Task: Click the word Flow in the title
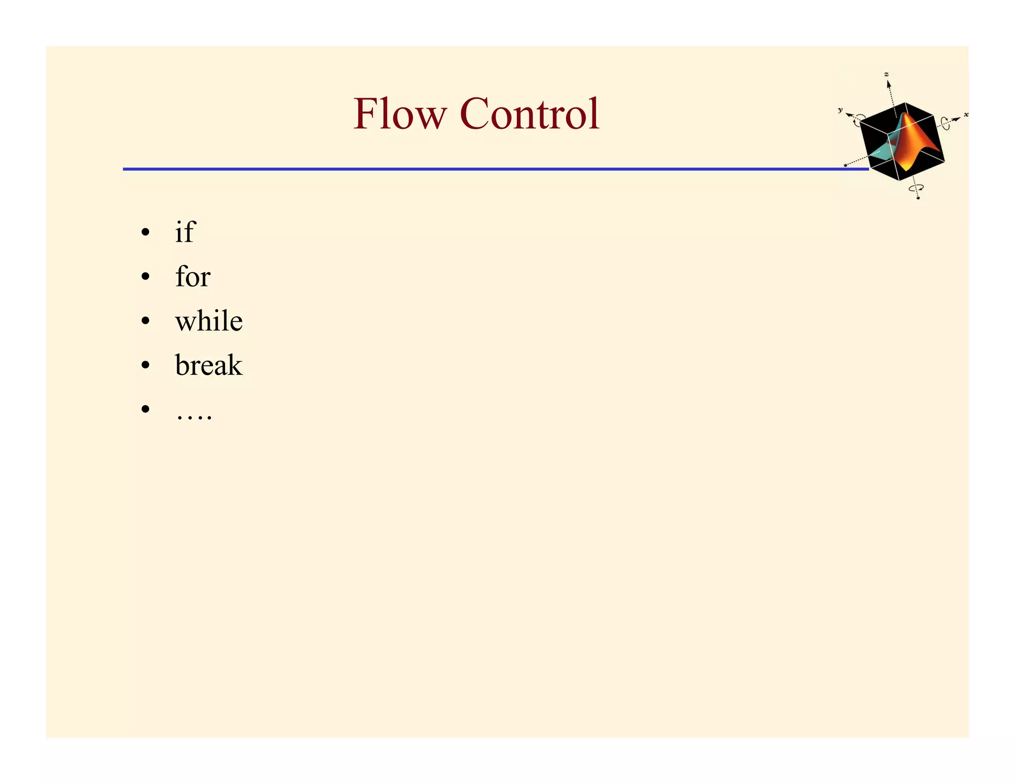(399, 114)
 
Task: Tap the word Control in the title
(530, 114)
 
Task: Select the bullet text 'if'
(185, 231)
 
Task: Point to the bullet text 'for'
(193, 276)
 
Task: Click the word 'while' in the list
(209, 321)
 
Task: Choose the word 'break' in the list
(209, 365)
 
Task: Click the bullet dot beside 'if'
(145, 232)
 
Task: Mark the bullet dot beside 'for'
(145, 277)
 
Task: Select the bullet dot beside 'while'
(145, 321)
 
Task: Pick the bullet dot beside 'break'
(145, 365)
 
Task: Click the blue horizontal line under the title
(496, 169)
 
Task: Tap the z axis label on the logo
(886, 74)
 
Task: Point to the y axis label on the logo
(840, 110)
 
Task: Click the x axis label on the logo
(966, 114)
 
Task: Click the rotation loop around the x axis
(946, 122)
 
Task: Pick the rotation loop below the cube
(915, 188)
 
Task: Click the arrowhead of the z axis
(889, 85)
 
